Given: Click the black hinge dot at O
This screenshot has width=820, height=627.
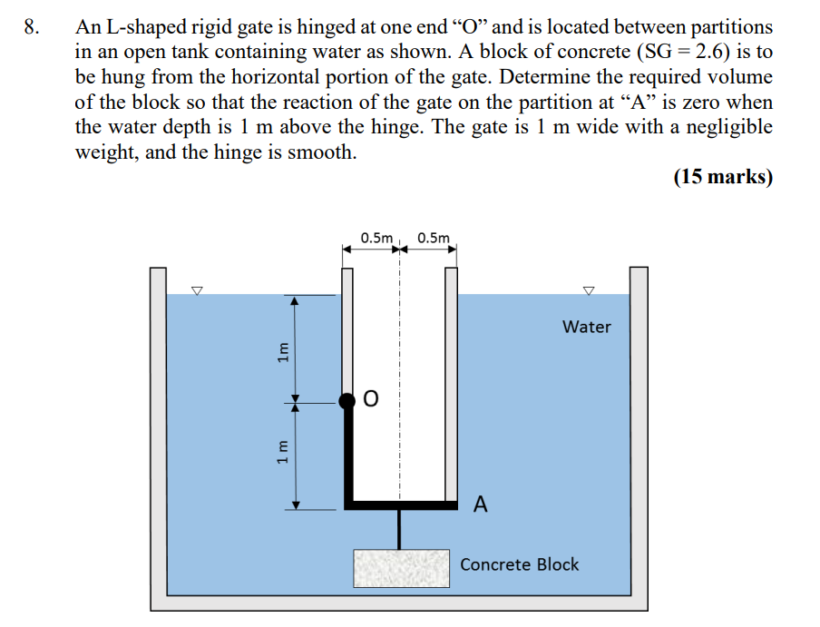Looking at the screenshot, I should pyautogui.click(x=347, y=400).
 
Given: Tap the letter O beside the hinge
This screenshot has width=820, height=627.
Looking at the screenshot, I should pyautogui.click(x=370, y=399).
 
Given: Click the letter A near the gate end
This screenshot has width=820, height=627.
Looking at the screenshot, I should pyautogui.click(x=481, y=505).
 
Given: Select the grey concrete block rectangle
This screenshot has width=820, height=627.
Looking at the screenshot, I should pyautogui.click(x=401, y=567).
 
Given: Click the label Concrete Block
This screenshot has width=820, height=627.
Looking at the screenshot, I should pyautogui.click(x=519, y=564).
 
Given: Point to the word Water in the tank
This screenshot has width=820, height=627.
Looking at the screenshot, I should pyautogui.click(x=586, y=327).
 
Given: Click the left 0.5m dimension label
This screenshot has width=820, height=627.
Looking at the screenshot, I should pyautogui.click(x=376, y=239).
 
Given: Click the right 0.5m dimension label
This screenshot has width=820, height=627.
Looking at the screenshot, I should pyautogui.click(x=433, y=239).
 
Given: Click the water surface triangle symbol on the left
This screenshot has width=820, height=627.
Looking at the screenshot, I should pyautogui.click(x=196, y=290).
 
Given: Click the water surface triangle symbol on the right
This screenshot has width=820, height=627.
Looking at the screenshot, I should pyautogui.click(x=589, y=290).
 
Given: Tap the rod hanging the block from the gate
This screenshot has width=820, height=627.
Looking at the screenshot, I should pyautogui.click(x=399, y=528).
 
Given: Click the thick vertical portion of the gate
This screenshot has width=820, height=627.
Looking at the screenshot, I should pyautogui.click(x=348, y=454).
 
